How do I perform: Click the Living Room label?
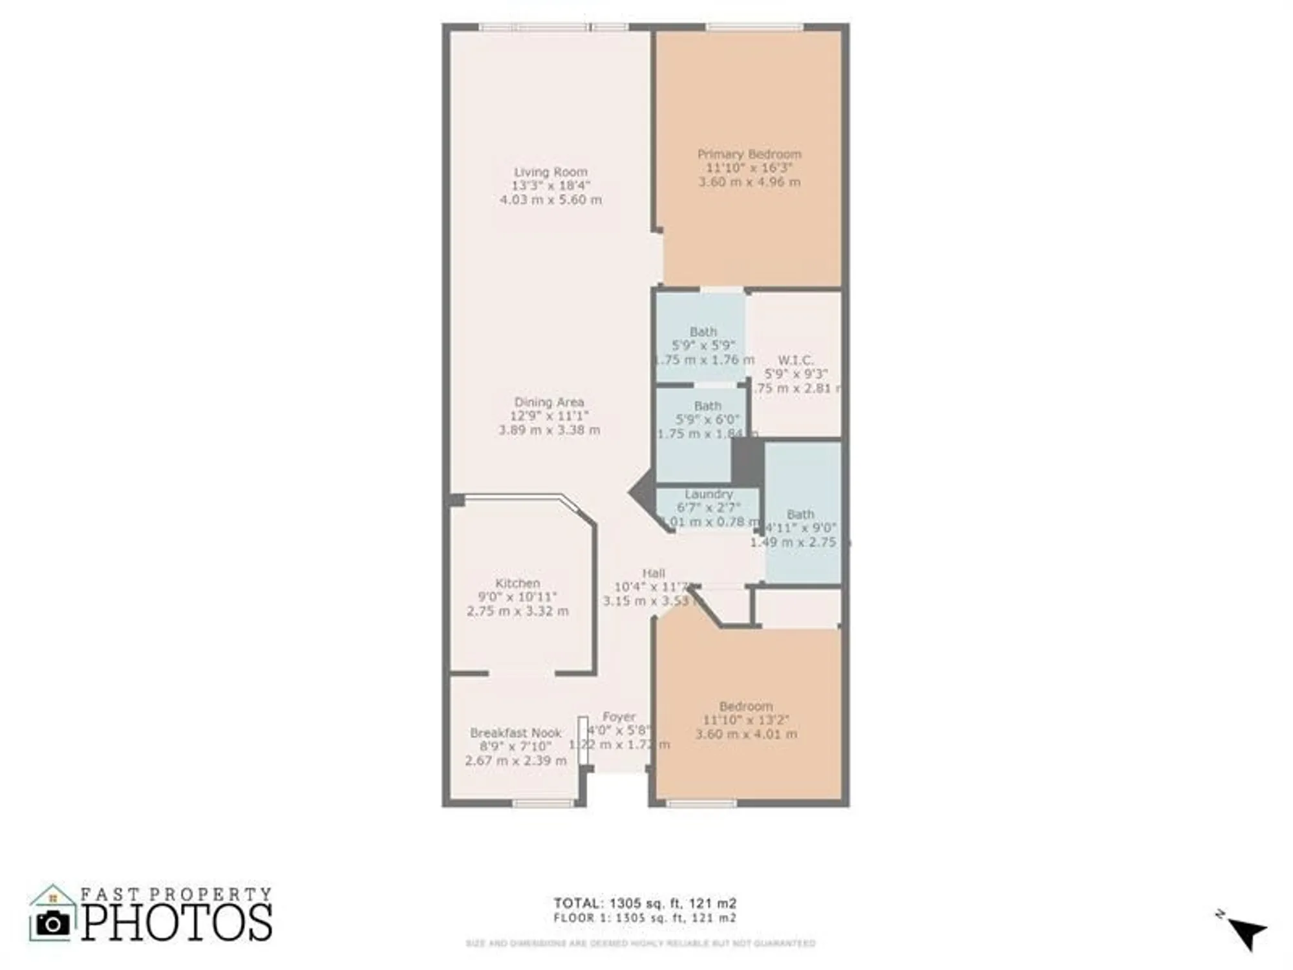click(x=550, y=172)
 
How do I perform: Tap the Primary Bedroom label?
click(x=749, y=154)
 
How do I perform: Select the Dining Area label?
click(x=549, y=402)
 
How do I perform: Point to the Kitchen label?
click(x=517, y=583)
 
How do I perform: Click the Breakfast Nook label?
click(x=515, y=733)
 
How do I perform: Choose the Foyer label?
click(x=619, y=717)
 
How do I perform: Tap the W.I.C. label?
click(x=795, y=360)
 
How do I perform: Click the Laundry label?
click(x=709, y=494)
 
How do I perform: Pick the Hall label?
click(x=653, y=573)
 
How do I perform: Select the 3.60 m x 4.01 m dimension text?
click(x=746, y=735)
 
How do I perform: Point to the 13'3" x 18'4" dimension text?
click(x=550, y=186)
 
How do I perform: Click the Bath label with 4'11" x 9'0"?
click(x=800, y=514)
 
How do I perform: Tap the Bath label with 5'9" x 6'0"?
click(x=707, y=406)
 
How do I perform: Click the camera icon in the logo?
click(x=52, y=923)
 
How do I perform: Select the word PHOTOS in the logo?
click(x=176, y=923)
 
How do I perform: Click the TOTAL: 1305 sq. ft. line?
click(x=645, y=903)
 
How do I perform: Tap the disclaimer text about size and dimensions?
click(x=640, y=943)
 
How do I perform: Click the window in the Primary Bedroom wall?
click(x=754, y=27)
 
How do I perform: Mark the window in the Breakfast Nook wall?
click(x=542, y=804)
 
